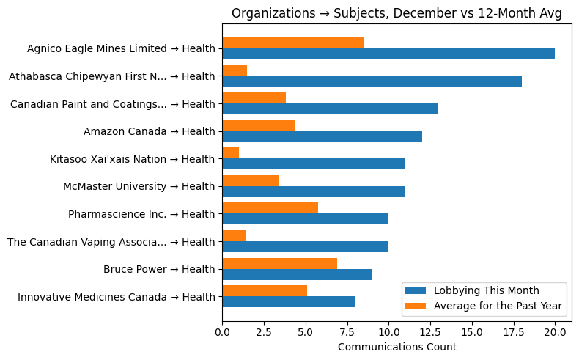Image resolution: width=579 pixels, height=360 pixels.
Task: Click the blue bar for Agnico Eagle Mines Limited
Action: [x=388, y=54]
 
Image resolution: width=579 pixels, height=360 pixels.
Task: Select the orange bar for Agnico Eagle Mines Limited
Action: [x=292, y=43]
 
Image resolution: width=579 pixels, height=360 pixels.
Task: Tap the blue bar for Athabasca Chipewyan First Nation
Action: [x=372, y=81]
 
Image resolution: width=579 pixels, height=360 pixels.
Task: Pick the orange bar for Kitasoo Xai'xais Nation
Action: [x=230, y=153]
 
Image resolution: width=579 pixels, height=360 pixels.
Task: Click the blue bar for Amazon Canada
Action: [x=322, y=136]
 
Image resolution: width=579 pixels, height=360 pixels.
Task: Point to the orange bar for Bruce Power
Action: [x=279, y=263]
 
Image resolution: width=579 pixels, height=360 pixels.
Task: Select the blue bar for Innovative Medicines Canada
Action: [x=289, y=301]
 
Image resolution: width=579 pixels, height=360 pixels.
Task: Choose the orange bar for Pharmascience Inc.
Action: [x=270, y=208]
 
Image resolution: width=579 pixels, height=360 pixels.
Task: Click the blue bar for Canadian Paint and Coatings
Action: [x=330, y=109]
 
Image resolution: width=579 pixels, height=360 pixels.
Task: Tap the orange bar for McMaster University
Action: [x=251, y=180]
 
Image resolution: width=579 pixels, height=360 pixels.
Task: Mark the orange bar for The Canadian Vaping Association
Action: [x=234, y=235]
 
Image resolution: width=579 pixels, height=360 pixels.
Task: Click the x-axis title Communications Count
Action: [x=397, y=347]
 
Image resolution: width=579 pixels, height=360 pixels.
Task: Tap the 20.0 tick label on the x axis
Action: [x=555, y=332]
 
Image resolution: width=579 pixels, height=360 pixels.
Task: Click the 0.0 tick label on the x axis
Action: [x=222, y=332]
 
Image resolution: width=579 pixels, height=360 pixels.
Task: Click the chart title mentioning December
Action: [x=397, y=13]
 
